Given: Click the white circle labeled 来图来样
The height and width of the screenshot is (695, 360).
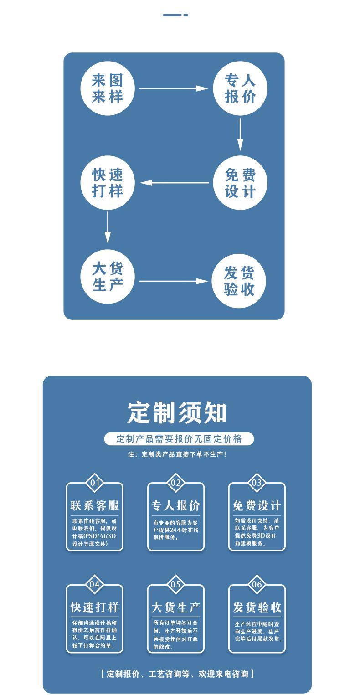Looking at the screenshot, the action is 107,88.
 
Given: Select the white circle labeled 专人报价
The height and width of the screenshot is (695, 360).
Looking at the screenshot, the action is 240,88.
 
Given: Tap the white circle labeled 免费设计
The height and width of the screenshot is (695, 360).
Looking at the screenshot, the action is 240,183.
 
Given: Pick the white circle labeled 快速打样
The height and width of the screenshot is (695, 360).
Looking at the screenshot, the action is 107,183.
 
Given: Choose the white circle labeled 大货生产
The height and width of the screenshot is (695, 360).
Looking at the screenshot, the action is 107,277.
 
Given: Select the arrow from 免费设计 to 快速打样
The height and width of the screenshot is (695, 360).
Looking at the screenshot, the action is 176,183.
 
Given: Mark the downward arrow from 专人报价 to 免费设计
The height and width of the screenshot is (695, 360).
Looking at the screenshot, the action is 241,134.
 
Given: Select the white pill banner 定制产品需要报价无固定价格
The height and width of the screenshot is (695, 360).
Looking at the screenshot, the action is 179,439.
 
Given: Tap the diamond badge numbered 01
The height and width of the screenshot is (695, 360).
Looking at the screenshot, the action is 95,483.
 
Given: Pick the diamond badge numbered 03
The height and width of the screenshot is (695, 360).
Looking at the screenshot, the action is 257,483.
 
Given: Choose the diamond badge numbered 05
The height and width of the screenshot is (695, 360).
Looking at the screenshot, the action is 176,584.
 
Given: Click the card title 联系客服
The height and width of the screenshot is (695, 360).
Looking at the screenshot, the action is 95,505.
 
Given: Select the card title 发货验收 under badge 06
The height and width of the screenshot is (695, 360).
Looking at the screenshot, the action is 257,607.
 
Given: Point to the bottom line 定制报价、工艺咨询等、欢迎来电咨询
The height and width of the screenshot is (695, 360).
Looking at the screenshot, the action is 177,674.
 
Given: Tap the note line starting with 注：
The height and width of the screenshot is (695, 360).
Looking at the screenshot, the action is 177,454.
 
